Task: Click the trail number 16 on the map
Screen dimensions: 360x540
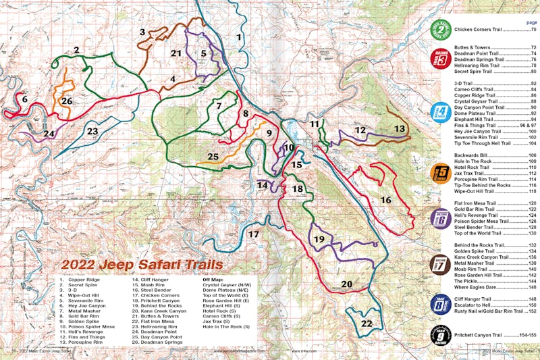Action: click(x=385, y=200)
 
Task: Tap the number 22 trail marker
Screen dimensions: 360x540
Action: click(x=365, y=324)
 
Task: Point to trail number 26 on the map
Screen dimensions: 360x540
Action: click(x=66, y=101)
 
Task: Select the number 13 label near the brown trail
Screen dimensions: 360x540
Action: click(x=400, y=128)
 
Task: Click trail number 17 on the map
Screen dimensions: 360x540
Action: click(x=253, y=234)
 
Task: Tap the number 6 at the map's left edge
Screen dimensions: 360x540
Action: click(x=24, y=99)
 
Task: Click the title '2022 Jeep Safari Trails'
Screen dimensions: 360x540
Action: click(x=121, y=265)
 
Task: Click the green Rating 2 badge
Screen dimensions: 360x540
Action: click(x=441, y=30)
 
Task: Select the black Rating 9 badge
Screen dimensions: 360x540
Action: click(x=441, y=334)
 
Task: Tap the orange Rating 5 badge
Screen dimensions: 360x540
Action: click(x=441, y=173)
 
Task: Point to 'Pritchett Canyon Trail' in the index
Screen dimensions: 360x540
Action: click(x=483, y=335)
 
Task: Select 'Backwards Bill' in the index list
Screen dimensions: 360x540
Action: click(x=475, y=155)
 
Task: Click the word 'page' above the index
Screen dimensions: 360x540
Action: click(x=531, y=22)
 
